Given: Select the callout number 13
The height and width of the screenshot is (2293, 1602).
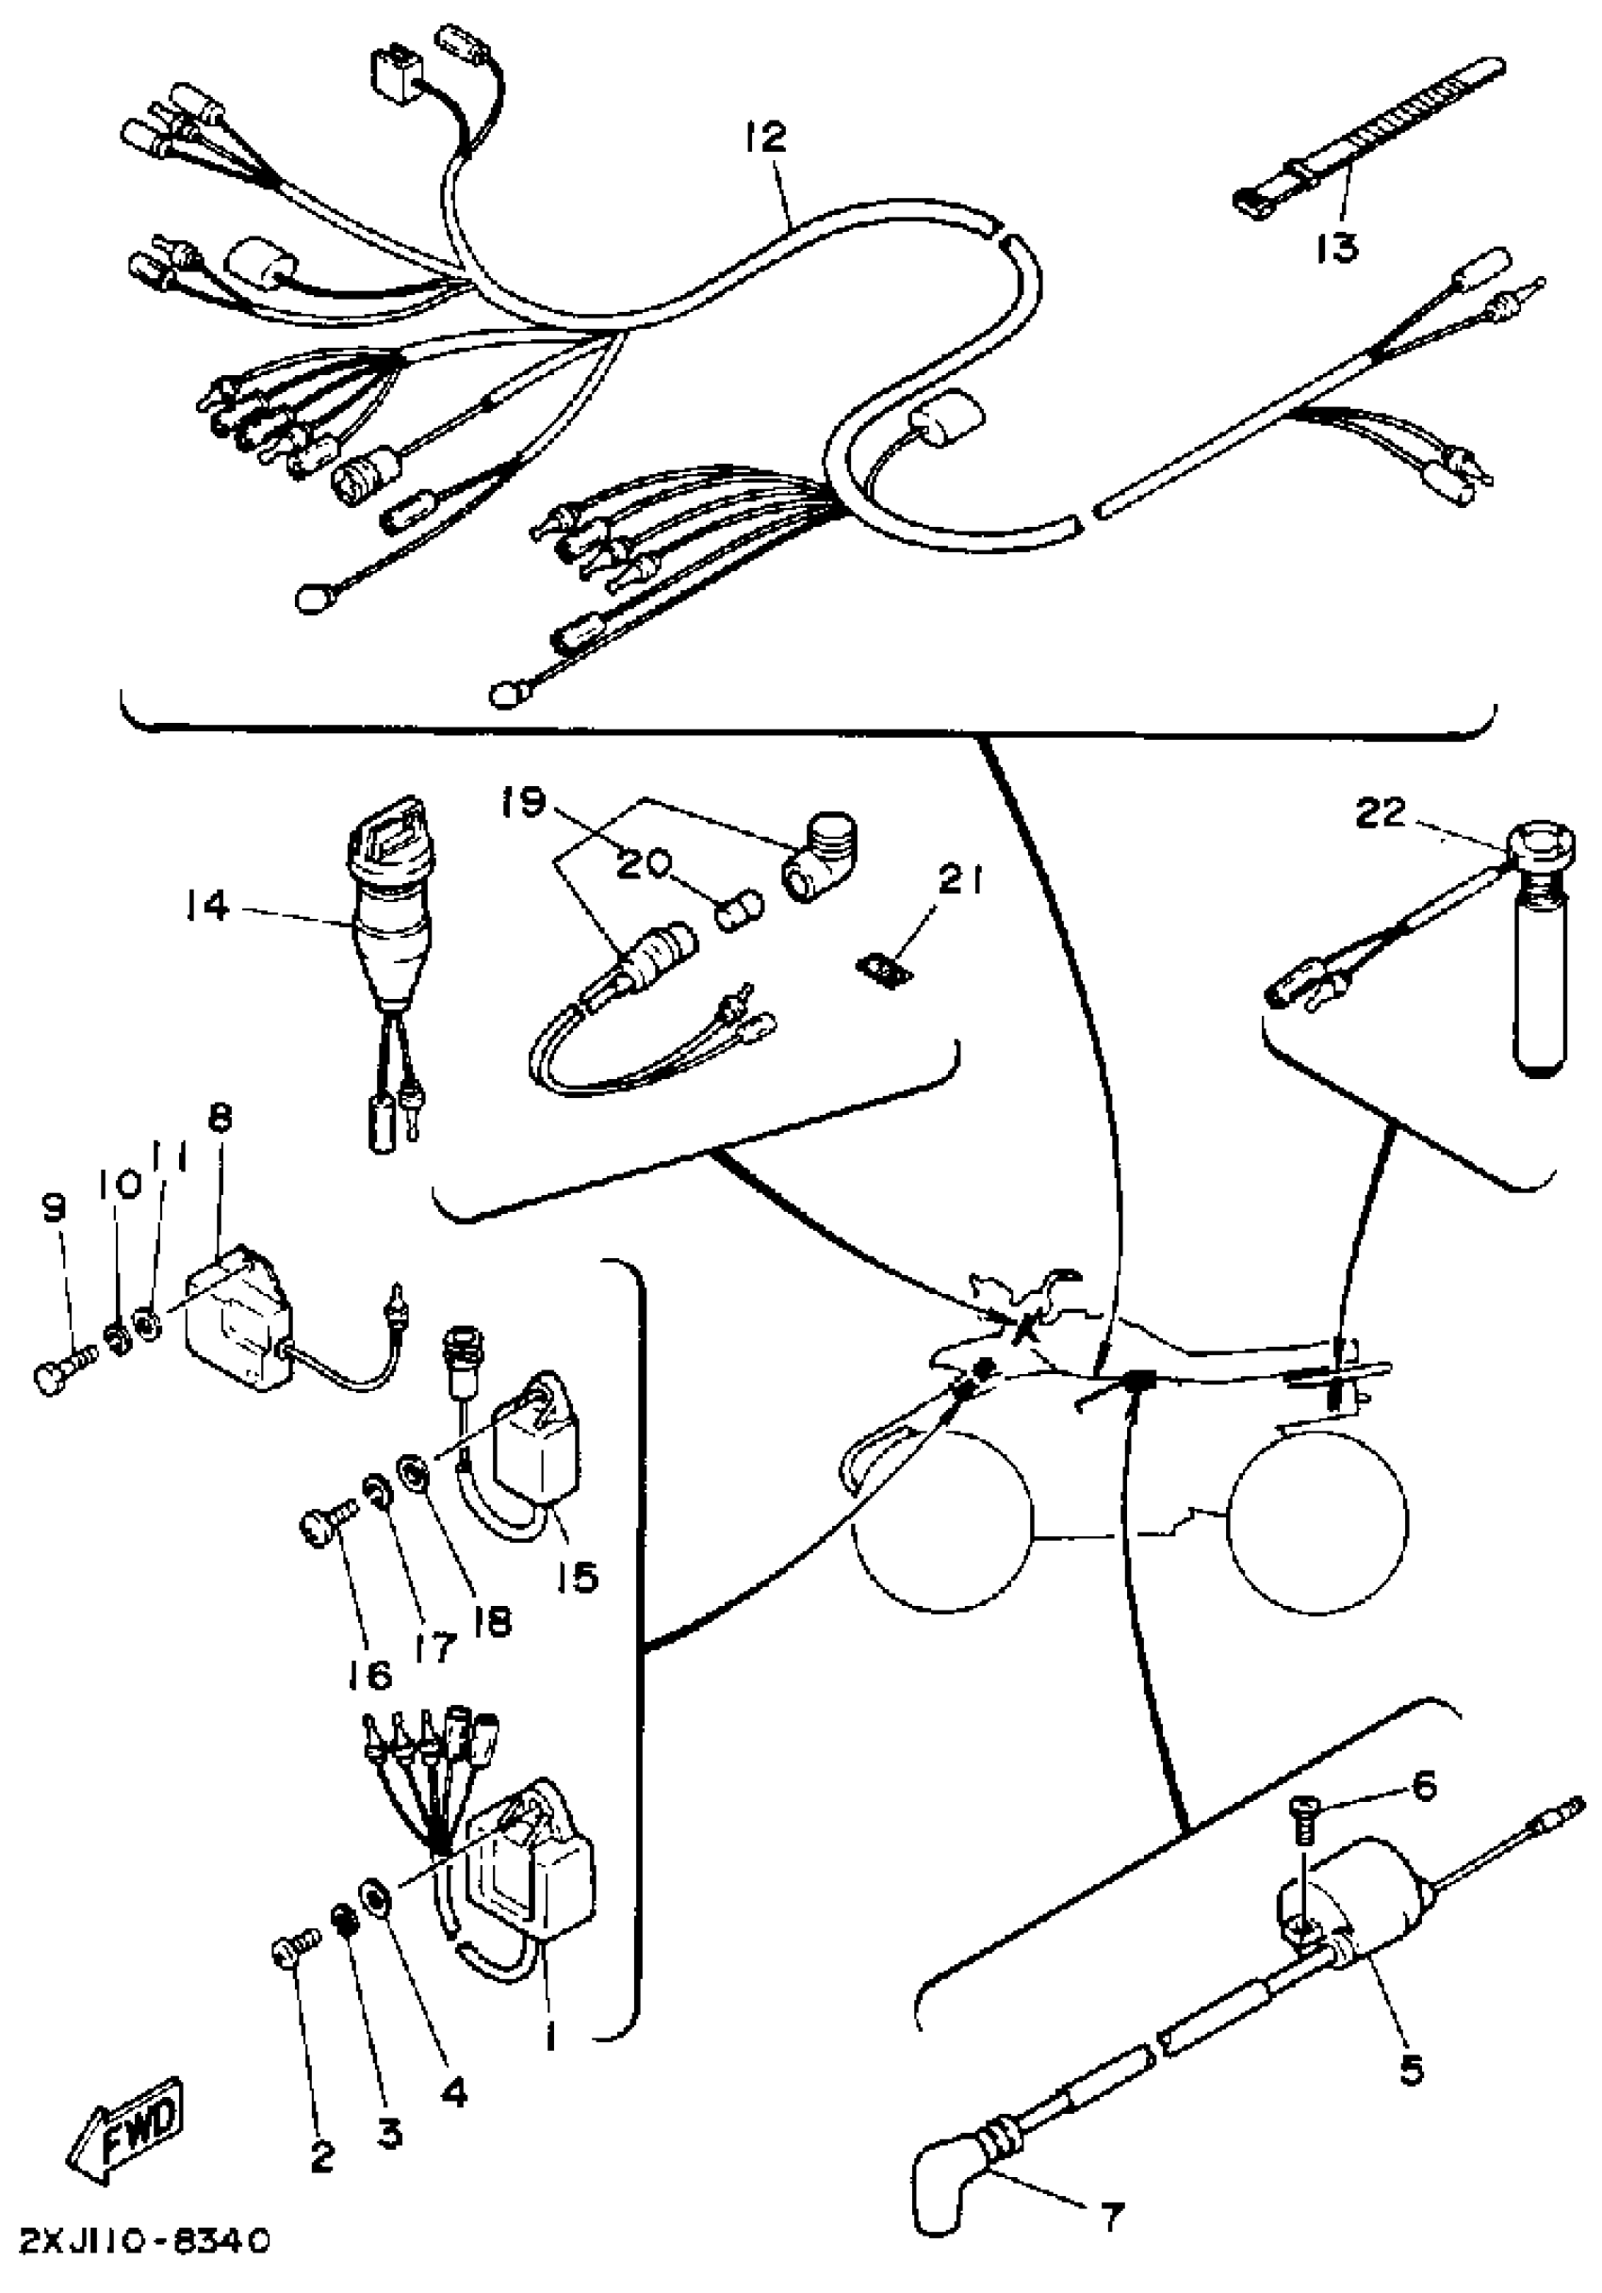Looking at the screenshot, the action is tap(1335, 247).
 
